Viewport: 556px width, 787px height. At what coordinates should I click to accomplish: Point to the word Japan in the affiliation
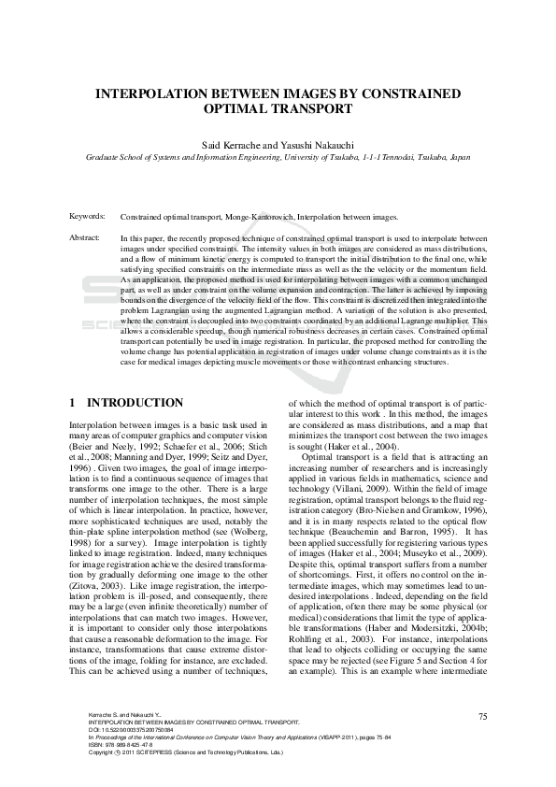(460, 159)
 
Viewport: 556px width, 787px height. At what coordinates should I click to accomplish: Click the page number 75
(482, 716)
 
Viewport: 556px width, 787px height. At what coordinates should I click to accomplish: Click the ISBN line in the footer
(121, 745)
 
